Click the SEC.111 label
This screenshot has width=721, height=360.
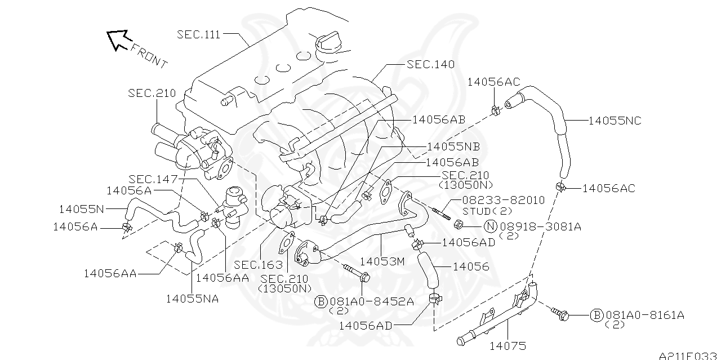[199, 34]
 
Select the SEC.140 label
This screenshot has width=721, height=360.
[430, 64]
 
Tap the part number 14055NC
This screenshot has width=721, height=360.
[615, 121]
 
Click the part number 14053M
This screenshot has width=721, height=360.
[382, 261]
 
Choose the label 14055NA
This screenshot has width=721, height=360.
[192, 299]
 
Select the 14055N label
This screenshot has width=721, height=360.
[81, 209]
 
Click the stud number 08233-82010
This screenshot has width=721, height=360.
[503, 200]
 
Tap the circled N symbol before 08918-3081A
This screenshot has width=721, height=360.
[491, 226]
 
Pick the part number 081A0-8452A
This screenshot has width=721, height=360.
[371, 301]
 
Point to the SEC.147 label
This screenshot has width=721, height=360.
[152, 179]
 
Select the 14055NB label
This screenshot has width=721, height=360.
[453, 146]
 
